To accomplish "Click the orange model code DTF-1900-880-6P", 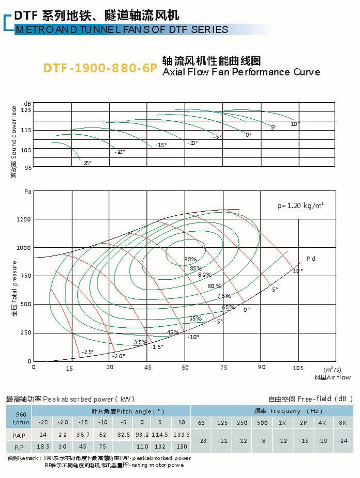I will (100, 68).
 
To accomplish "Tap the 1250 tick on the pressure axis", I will (24, 219).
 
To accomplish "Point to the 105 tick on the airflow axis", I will (298, 367).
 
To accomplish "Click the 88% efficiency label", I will (190, 259).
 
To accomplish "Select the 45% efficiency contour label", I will (173, 332).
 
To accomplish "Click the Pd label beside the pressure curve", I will (310, 258).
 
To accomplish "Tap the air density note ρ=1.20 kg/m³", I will (300, 205).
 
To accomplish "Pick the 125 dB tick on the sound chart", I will (26, 110).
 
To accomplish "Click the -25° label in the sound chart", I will (86, 163).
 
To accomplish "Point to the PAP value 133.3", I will (182, 435).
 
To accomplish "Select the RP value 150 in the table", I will (182, 447).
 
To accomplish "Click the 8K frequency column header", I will (342, 423).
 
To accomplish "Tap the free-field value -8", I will (263, 440).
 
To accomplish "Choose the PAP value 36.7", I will (83, 435).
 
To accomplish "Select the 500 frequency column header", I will (263, 423).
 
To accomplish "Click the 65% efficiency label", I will (228, 308).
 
